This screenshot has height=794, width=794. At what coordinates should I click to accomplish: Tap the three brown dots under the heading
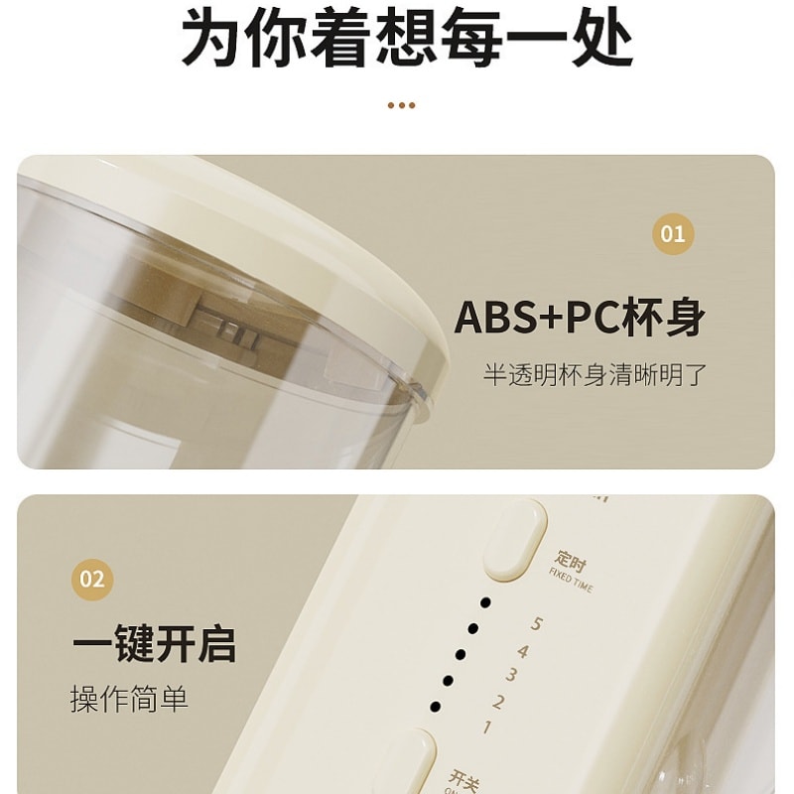tap(400, 105)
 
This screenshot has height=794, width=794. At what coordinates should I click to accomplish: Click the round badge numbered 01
tap(673, 234)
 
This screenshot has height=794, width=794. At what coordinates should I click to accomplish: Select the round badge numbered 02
tap(91, 578)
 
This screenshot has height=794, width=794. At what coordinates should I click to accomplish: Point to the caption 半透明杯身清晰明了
tap(595, 375)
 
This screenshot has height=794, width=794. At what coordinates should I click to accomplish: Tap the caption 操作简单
tap(129, 700)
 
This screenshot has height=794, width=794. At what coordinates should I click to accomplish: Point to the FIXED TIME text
tap(571, 580)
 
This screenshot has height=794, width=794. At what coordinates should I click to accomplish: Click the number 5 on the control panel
tap(537, 624)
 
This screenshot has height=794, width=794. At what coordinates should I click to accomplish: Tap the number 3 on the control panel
tap(510, 676)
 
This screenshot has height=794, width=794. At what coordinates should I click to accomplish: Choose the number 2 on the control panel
tap(498, 702)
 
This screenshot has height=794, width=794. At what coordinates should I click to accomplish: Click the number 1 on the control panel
tap(486, 728)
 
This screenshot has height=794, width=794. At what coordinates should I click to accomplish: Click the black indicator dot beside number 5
tap(485, 602)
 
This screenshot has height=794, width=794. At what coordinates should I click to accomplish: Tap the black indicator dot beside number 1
tap(435, 706)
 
